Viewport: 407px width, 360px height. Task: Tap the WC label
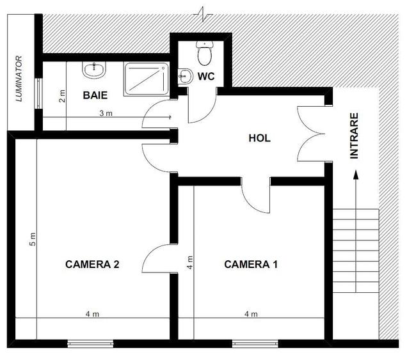[205, 77]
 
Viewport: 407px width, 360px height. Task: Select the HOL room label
[260, 137]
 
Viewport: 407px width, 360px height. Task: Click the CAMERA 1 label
[251, 263]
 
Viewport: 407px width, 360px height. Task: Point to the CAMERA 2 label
[94, 263]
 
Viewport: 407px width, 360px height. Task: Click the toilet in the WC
[205, 55]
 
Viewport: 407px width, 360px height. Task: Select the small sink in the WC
[183, 76]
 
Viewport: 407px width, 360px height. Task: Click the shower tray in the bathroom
[146, 79]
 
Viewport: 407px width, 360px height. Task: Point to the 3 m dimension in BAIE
[105, 113]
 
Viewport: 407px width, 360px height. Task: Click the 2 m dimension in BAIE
[63, 97]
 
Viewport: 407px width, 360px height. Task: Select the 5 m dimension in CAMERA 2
[33, 239]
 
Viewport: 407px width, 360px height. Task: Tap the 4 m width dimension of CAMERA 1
[251, 314]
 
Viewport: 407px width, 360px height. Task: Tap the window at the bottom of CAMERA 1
[255, 343]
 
